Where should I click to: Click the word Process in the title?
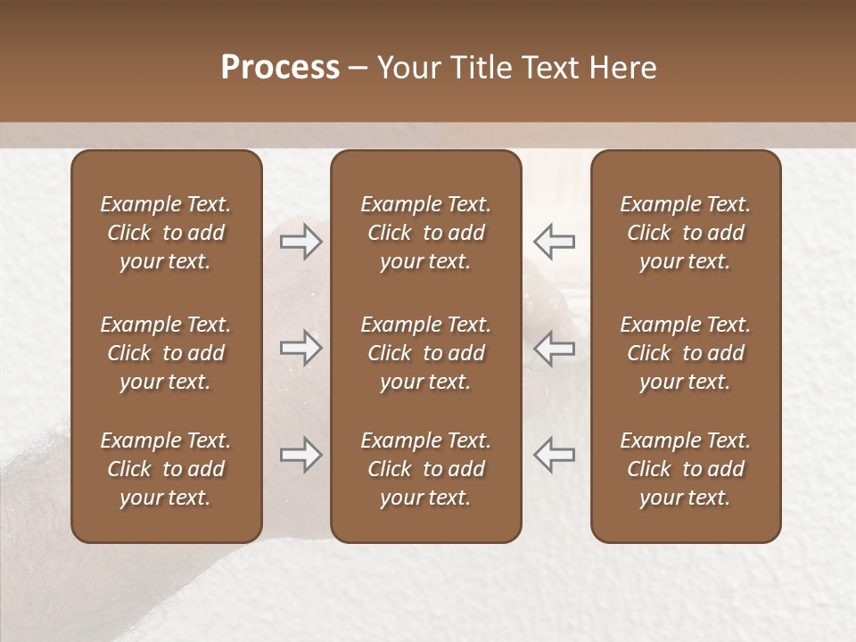[280, 68]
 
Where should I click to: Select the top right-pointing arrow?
[300, 241]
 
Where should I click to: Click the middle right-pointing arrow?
[300, 348]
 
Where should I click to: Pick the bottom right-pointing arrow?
[300, 455]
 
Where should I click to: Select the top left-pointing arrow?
[554, 241]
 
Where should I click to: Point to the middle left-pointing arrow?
[554, 348]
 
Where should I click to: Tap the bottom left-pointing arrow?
[554, 455]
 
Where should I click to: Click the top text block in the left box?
[166, 233]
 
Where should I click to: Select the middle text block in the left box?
[166, 353]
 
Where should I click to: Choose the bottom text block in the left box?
[166, 469]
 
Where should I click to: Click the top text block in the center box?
[425, 233]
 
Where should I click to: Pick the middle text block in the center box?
[425, 353]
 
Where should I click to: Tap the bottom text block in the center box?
[425, 469]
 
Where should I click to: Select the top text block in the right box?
[685, 233]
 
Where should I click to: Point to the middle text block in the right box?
[685, 353]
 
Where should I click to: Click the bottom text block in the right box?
[685, 469]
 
